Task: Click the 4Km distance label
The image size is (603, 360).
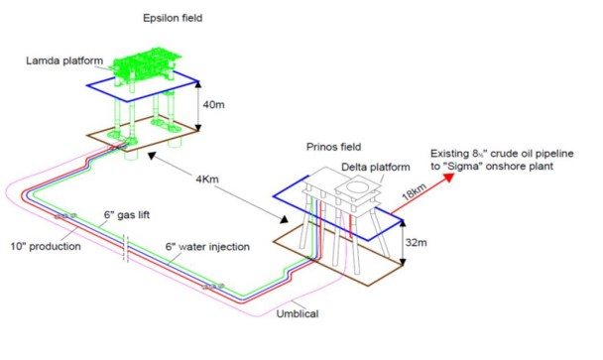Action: [211, 179]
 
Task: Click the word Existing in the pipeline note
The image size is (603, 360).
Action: [452, 153]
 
